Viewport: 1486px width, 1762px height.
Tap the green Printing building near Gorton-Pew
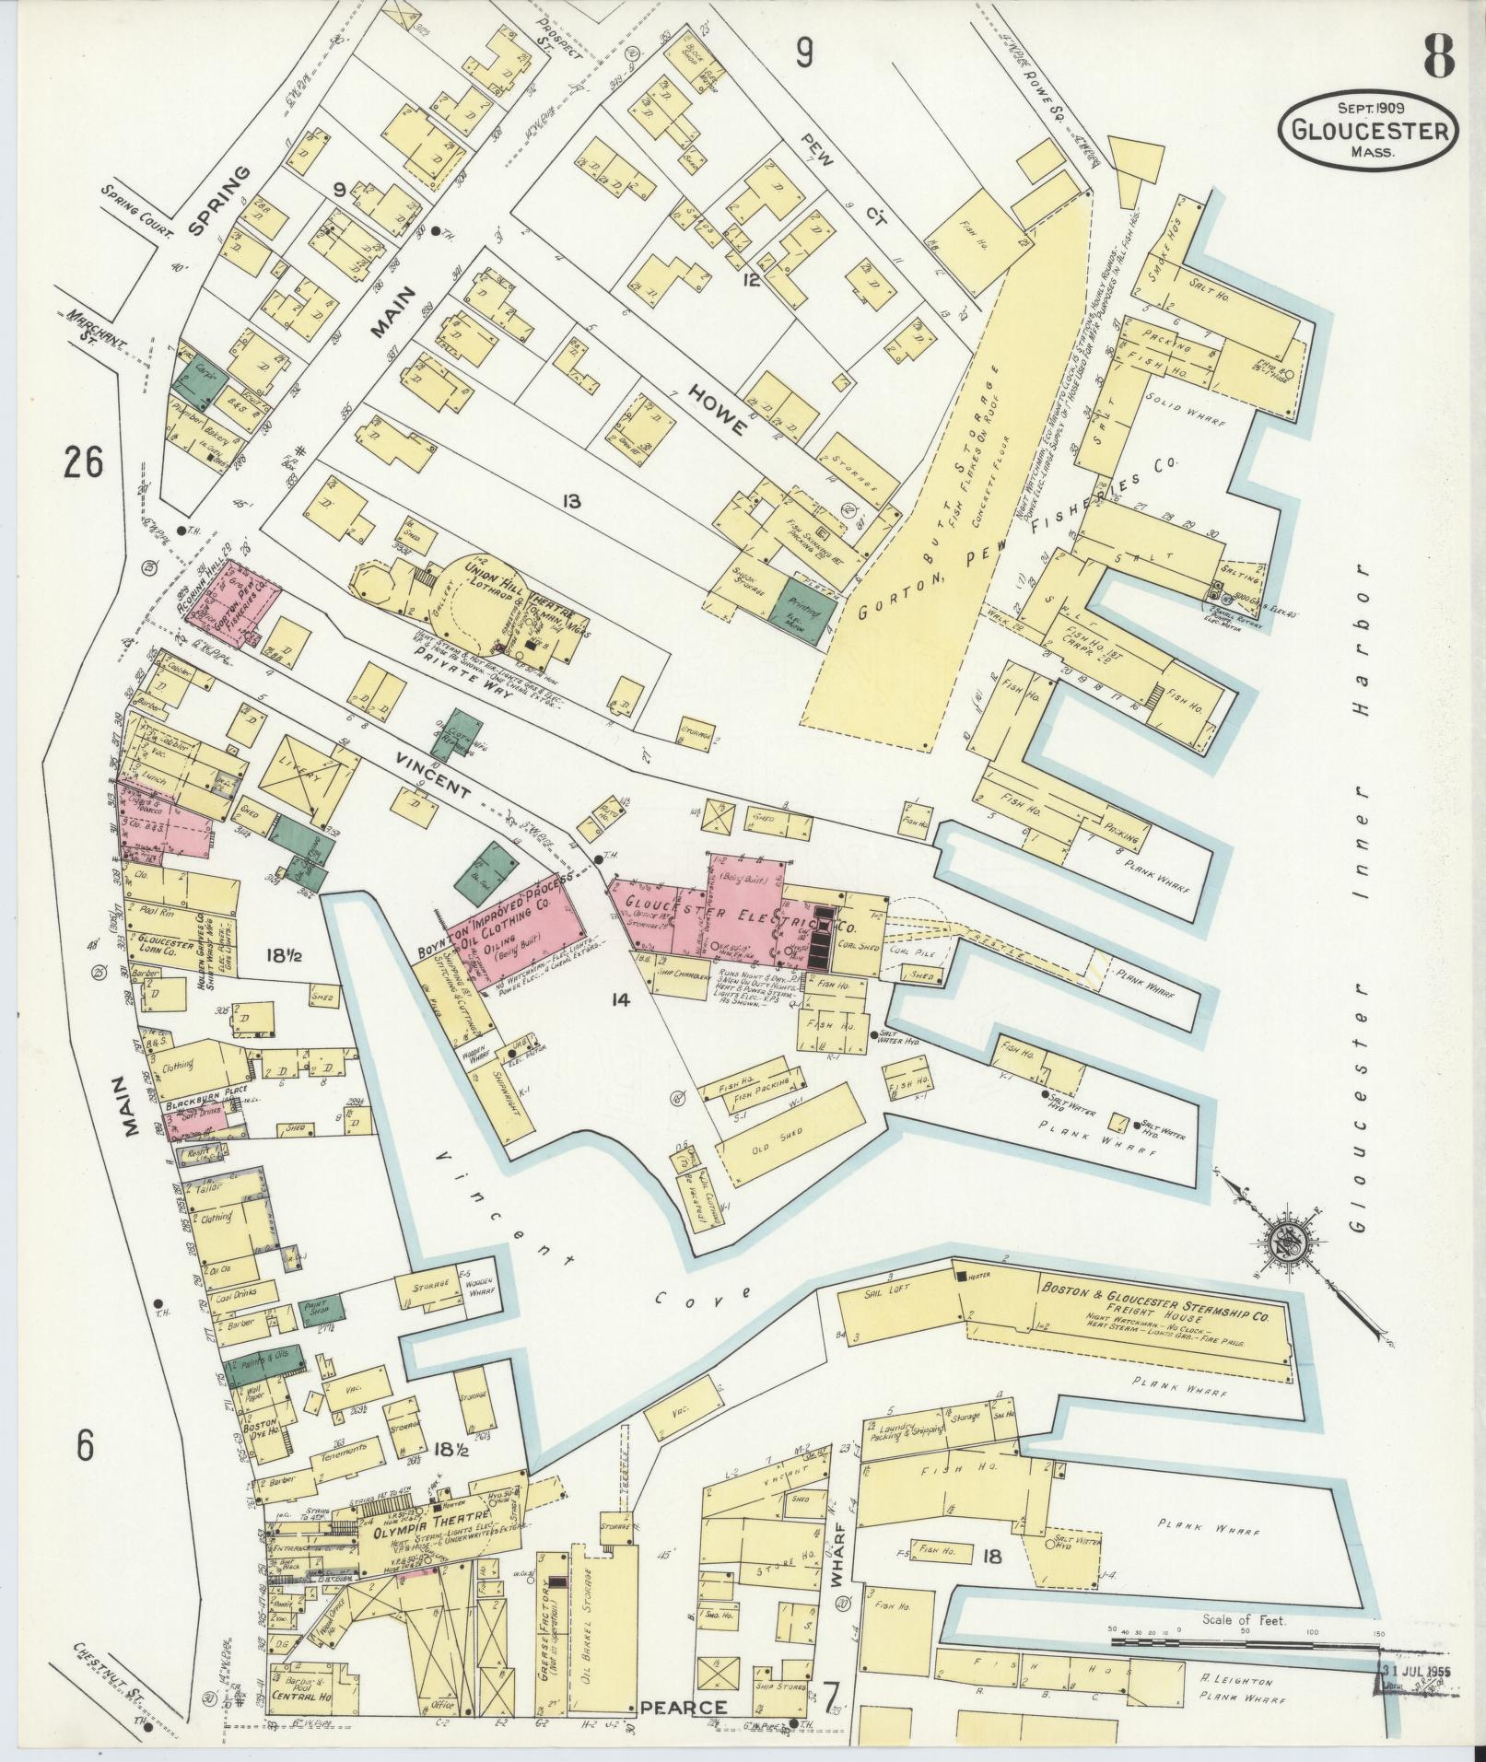tap(805, 611)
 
